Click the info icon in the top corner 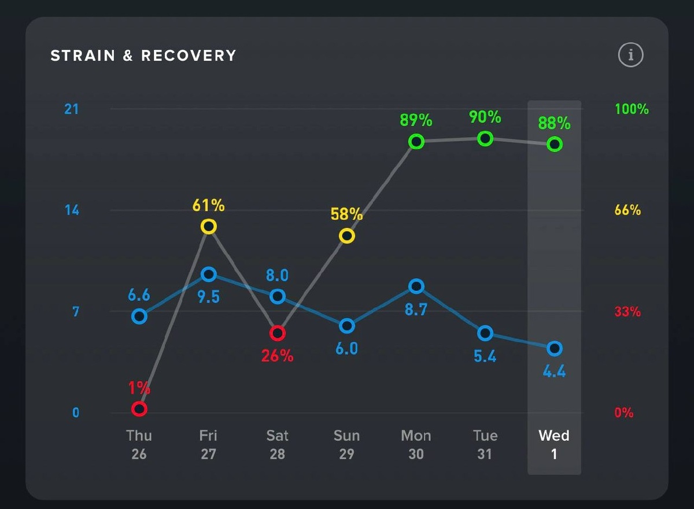tap(631, 55)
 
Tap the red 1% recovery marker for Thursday tap(139, 409)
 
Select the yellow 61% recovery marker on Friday tap(209, 226)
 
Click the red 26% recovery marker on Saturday tap(278, 333)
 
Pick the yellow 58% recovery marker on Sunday tap(346, 235)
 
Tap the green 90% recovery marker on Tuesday tap(485, 139)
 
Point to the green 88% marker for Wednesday tap(555, 144)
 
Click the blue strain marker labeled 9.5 tap(209, 274)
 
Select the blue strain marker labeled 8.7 tap(416, 286)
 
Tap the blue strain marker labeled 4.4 tap(555, 348)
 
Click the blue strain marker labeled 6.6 tap(139, 316)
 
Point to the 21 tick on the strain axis tap(71, 109)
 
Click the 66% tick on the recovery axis tap(627, 210)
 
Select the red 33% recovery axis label tap(627, 312)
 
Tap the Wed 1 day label tap(554, 444)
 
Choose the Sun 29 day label tap(346, 444)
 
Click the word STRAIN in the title tap(83, 56)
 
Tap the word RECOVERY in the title tap(189, 56)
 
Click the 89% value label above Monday tap(416, 120)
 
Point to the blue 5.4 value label tap(485, 356)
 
